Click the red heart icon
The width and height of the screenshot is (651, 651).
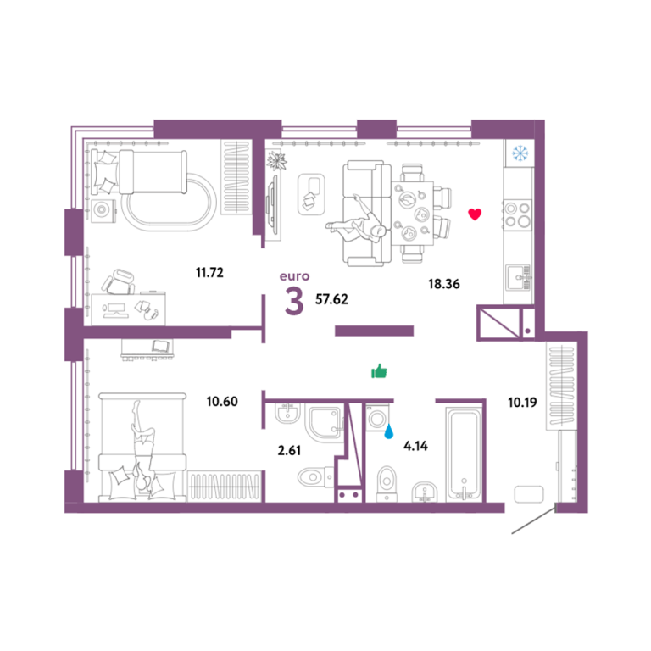click(x=475, y=214)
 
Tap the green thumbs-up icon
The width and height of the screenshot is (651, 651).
click(x=379, y=371)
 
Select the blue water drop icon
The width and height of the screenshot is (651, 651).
click(x=388, y=431)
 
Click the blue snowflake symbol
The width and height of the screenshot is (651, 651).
click(x=520, y=153)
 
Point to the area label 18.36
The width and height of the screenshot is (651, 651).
click(x=444, y=284)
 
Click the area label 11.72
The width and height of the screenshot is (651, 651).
click(x=209, y=272)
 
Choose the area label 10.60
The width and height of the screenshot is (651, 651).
click(x=222, y=402)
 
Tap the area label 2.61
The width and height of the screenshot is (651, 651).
click(x=289, y=450)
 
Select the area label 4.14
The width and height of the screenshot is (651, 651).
click(x=415, y=446)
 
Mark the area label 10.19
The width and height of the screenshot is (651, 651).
click(x=522, y=403)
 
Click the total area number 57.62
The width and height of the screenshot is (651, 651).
click(x=331, y=299)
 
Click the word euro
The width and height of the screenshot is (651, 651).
click(x=294, y=276)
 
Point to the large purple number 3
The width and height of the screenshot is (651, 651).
click(x=294, y=302)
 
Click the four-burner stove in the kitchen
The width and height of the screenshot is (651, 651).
click(x=517, y=215)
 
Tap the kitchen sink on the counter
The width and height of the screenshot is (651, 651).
click(x=519, y=277)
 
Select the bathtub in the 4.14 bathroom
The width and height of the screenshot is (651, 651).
click(x=464, y=454)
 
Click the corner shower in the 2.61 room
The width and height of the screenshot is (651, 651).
click(x=325, y=422)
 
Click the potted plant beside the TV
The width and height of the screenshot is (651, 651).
click(x=276, y=160)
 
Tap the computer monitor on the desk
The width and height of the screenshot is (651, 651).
click(x=114, y=310)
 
